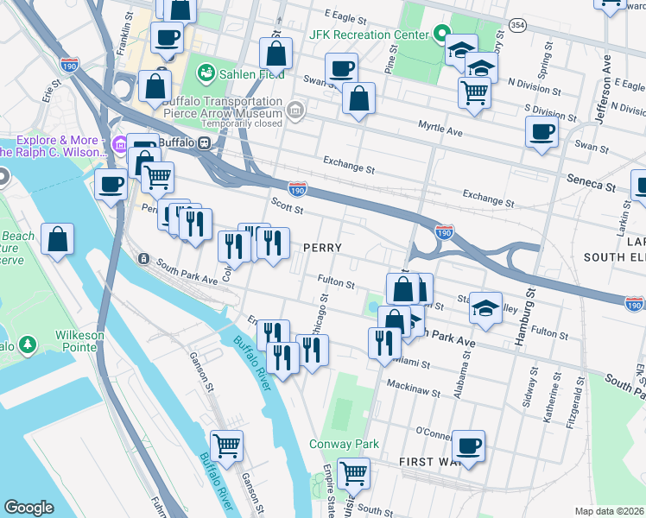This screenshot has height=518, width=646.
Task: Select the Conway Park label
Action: pos(345,444)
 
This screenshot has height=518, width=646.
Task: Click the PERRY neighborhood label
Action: pos(322,248)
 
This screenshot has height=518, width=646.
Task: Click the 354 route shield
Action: pos(516,24)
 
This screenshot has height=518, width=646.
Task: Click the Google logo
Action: pos(28,508)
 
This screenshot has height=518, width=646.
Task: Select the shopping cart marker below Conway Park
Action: pos(352,472)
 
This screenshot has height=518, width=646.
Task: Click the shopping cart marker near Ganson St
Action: pos(226,446)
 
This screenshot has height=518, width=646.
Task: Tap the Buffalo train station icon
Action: pos(206,142)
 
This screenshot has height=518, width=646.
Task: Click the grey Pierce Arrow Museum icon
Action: pos(295,110)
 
